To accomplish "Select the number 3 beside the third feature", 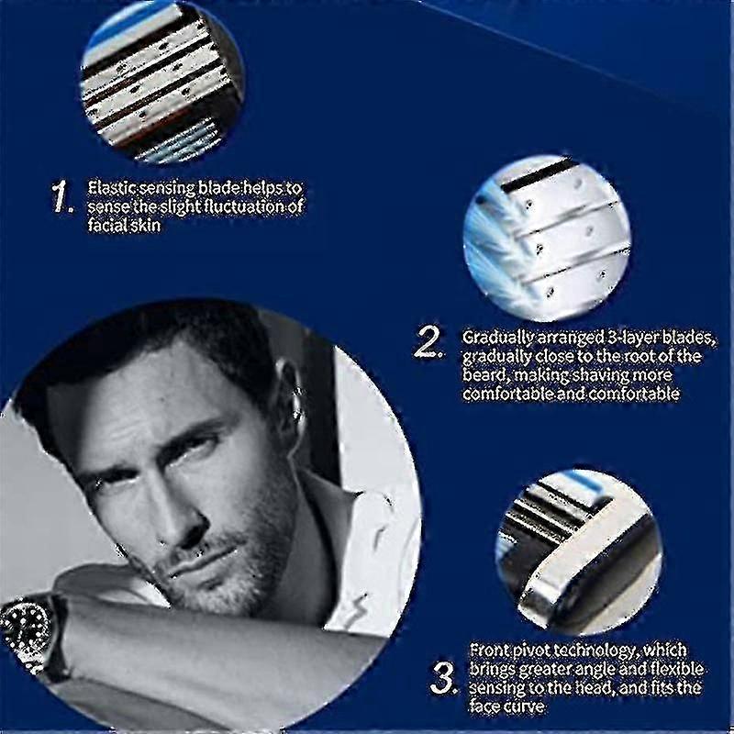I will coord(443,679).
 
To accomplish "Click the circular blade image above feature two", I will coord(546,228).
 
